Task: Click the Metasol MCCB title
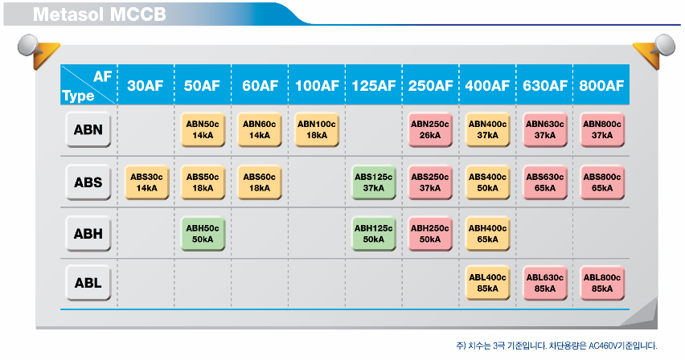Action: [x=100, y=14]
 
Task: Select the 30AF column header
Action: [x=145, y=86]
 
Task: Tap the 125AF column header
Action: [x=374, y=86]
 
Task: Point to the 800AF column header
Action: [x=601, y=86]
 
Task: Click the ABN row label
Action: [x=88, y=129]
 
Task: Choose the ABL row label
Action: [x=88, y=283]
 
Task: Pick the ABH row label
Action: [x=88, y=234]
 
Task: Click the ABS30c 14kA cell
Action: [x=146, y=182]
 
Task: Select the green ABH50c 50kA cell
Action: [x=203, y=234]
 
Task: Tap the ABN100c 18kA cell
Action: [x=317, y=129]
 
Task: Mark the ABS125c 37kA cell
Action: [x=374, y=182]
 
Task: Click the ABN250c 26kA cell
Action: [x=430, y=129]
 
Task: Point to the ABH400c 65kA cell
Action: [x=487, y=234]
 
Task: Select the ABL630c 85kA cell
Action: [x=545, y=283]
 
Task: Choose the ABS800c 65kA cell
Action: [x=602, y=182]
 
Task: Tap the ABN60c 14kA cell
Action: [x=260, y=129]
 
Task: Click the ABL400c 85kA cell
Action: [x=487, y=283]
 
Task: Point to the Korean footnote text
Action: [x=556, y=346]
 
